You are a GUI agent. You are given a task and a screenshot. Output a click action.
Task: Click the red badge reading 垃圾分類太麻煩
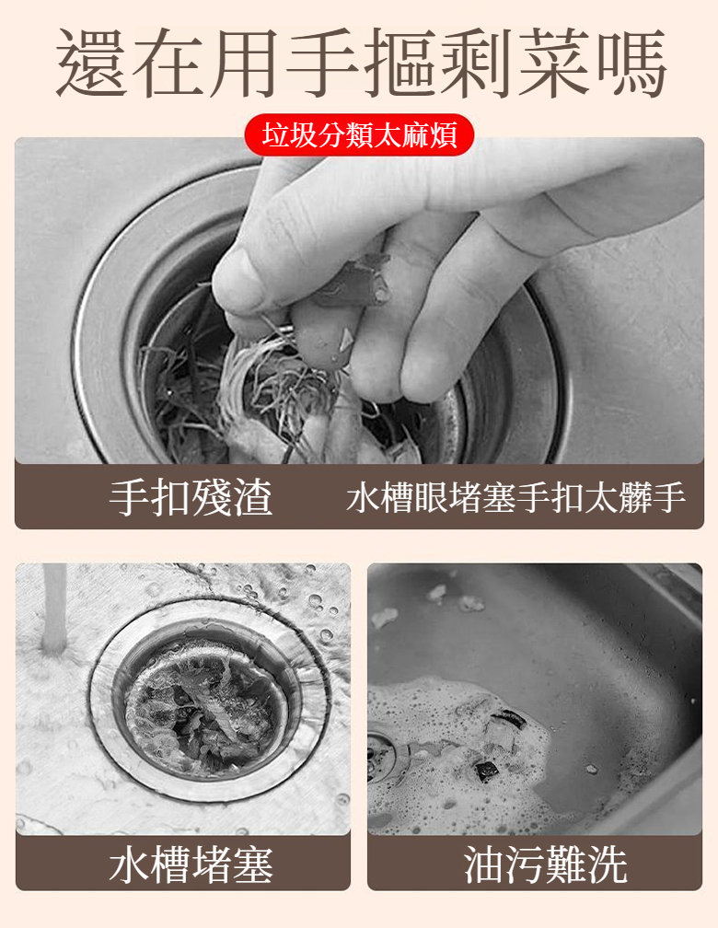pos(359,134)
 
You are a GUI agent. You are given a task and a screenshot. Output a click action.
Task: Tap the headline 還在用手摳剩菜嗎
pos(361,63)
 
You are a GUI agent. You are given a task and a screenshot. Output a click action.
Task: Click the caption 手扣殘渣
pos(191,496)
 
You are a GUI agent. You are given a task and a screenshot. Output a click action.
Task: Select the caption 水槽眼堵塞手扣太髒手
pos(516,497)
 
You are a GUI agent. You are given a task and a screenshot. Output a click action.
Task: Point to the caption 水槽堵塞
pos(191,864)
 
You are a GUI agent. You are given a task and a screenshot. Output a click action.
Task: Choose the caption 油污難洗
pos(545,864)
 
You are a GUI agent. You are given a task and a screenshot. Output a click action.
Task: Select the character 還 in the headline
pos(92,63)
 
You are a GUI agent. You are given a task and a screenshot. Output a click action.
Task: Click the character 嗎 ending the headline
pos(632,63)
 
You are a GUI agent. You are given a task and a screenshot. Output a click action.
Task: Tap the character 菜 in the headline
pos(555,63)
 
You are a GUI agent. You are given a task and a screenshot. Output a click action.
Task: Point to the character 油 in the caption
pos(483,864)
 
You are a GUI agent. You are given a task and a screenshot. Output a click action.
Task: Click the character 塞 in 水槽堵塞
pos(253,864)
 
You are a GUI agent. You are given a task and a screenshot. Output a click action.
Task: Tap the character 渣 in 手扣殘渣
pos(253,496)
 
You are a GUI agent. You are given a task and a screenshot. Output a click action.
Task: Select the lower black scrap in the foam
pos(487,769)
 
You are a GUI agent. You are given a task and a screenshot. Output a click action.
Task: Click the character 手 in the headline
pos(323,63)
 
